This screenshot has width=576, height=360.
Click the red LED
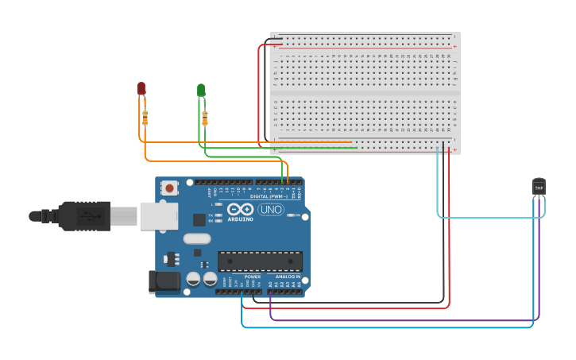point(141,88)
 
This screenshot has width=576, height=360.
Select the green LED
point(201,90)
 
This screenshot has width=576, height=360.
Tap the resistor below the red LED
point(145,118)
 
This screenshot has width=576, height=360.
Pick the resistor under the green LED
point(205,118)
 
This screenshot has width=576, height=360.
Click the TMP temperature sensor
point(539,187)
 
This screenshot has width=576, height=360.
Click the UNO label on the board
point(271,210)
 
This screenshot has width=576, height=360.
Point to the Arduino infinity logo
point(240,210)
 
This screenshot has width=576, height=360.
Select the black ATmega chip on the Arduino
point(260,261)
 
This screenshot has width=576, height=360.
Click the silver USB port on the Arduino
point(158,216)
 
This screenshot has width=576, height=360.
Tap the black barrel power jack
point(164,281)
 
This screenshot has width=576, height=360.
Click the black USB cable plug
point(83,215)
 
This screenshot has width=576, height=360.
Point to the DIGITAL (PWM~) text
point(267,196)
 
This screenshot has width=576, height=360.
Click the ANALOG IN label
point(287,277)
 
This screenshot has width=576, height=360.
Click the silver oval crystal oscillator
point(196,238)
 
